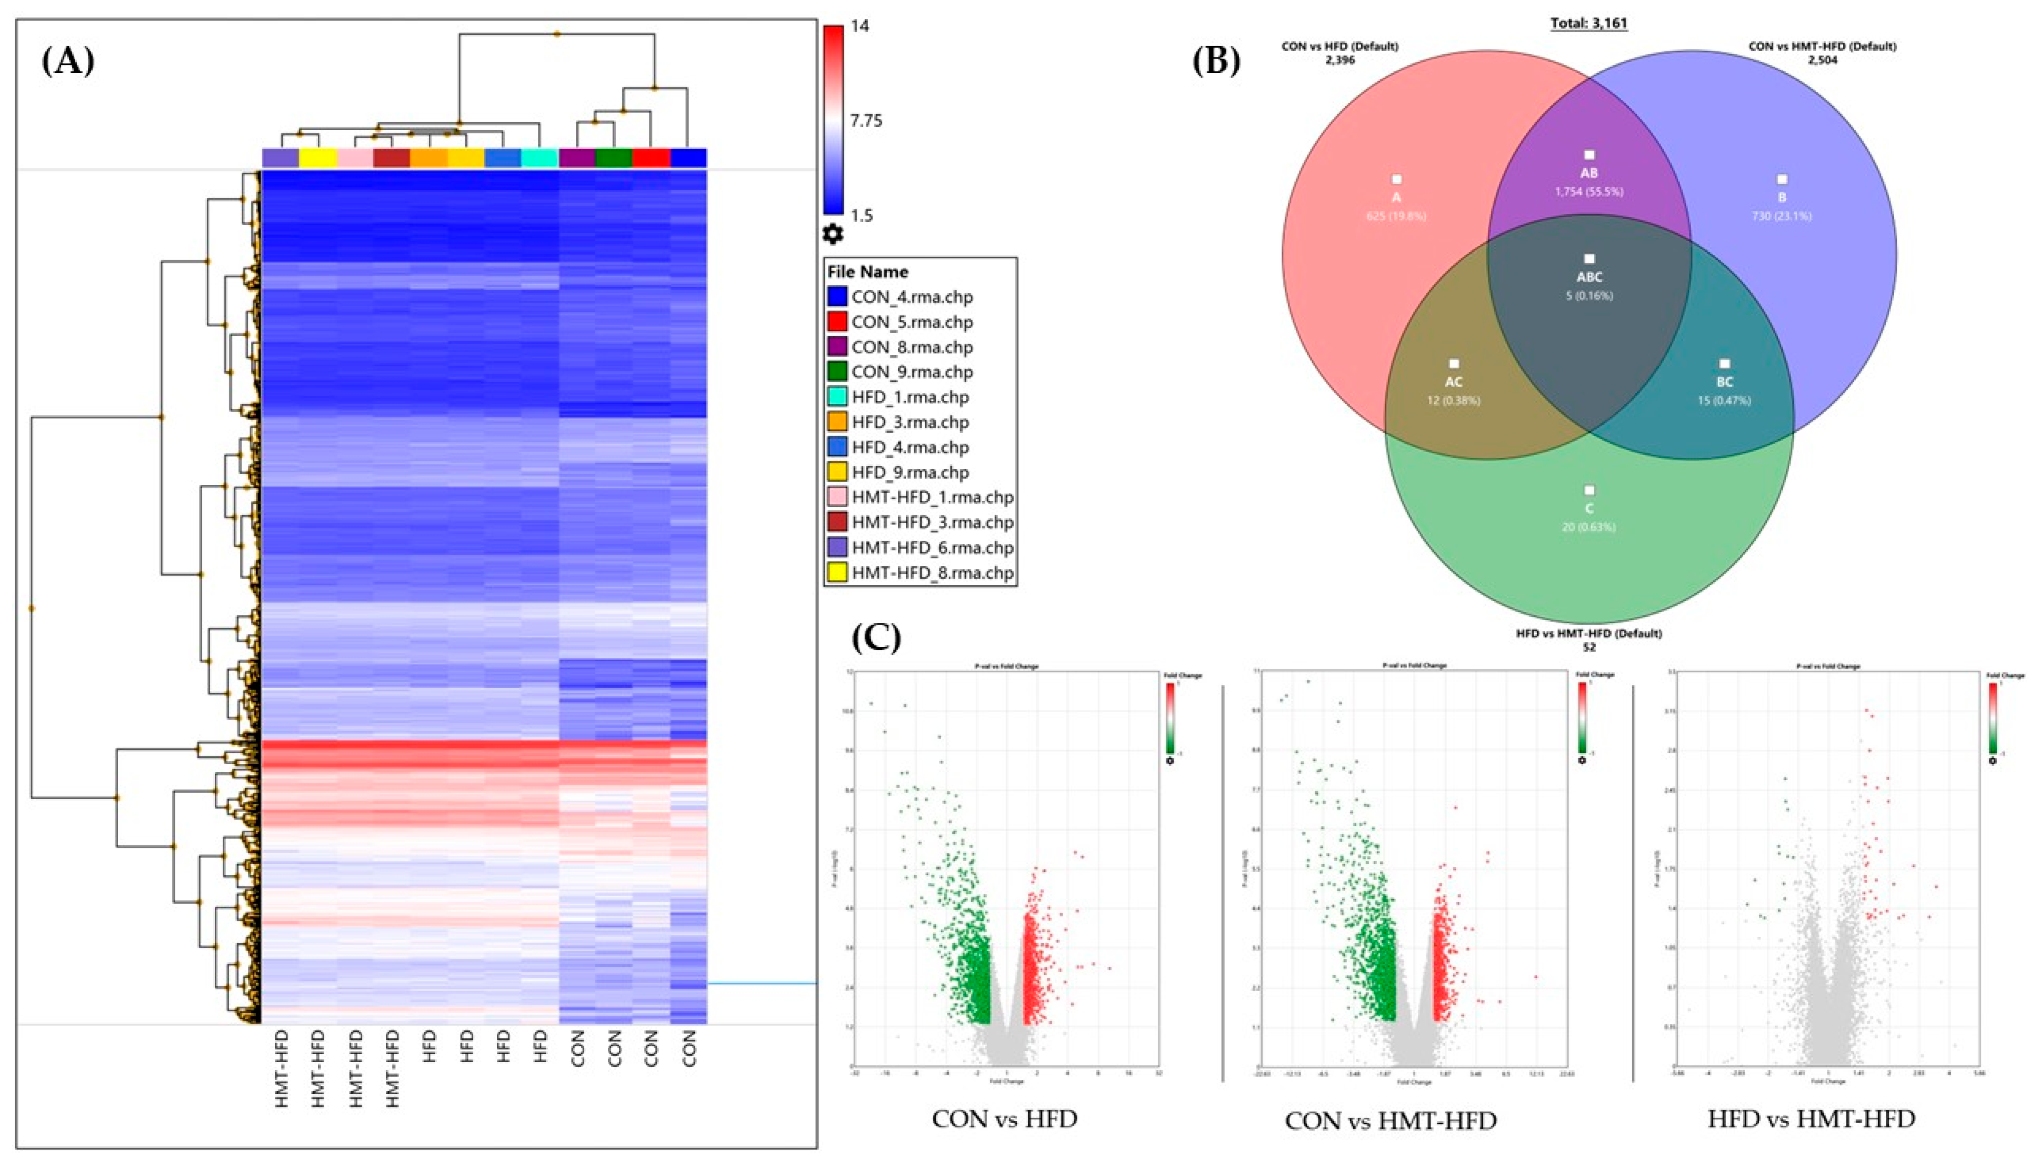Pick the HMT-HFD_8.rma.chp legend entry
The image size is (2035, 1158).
[932, 573]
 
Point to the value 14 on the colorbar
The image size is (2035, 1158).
[860, 25]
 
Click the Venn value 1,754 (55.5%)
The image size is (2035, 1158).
[1589, 192]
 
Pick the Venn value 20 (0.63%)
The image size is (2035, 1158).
[1589, 527]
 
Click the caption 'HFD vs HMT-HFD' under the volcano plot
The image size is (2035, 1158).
[1811, 1119]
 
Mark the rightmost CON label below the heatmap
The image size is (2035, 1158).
[689, 1048]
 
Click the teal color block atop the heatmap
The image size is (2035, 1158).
[540, 158]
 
